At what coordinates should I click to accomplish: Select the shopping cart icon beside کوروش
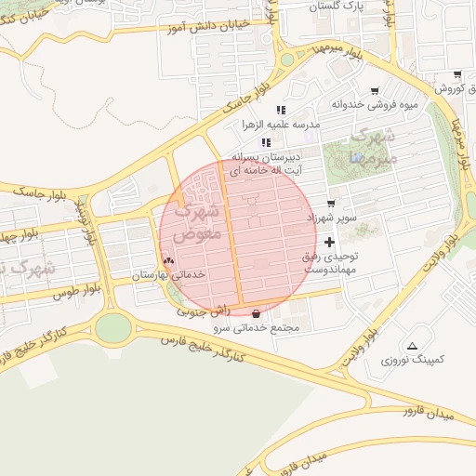(456, 75)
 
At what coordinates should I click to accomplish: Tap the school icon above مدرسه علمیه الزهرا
(281, 110)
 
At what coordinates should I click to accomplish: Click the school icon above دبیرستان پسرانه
(267, 142)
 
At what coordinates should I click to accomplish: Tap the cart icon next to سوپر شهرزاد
(331, 204)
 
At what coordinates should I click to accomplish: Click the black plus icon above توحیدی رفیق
(329, 241)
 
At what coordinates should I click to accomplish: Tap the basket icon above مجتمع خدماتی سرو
(256, 314)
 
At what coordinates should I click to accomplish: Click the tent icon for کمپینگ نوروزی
(413, 344)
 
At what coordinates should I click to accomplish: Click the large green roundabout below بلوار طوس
(113, 327)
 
